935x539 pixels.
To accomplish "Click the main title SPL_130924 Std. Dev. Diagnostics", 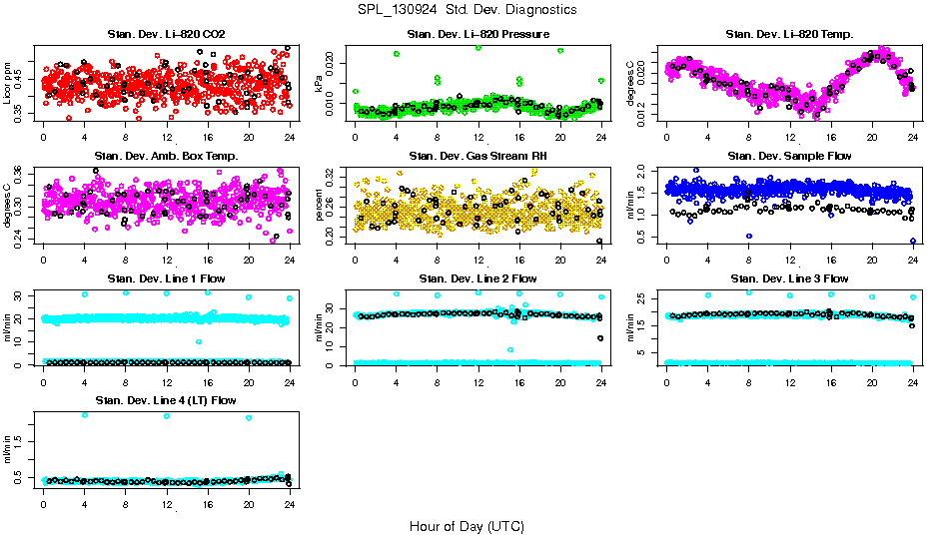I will [467, 9].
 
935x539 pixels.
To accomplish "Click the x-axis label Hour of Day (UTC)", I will [467, 525].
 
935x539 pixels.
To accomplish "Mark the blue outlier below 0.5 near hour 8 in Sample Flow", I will [749, 237].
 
